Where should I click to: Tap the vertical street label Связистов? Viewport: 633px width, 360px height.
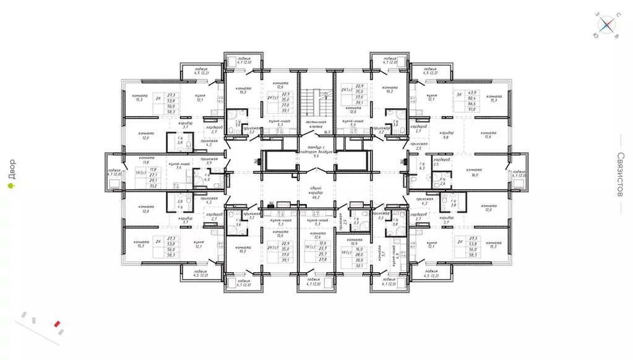621,174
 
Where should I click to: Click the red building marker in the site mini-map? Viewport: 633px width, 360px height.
57,323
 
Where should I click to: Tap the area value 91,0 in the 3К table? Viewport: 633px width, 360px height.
476,111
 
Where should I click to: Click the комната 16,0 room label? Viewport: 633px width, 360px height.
475,173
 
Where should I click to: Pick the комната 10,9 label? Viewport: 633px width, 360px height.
354,241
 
